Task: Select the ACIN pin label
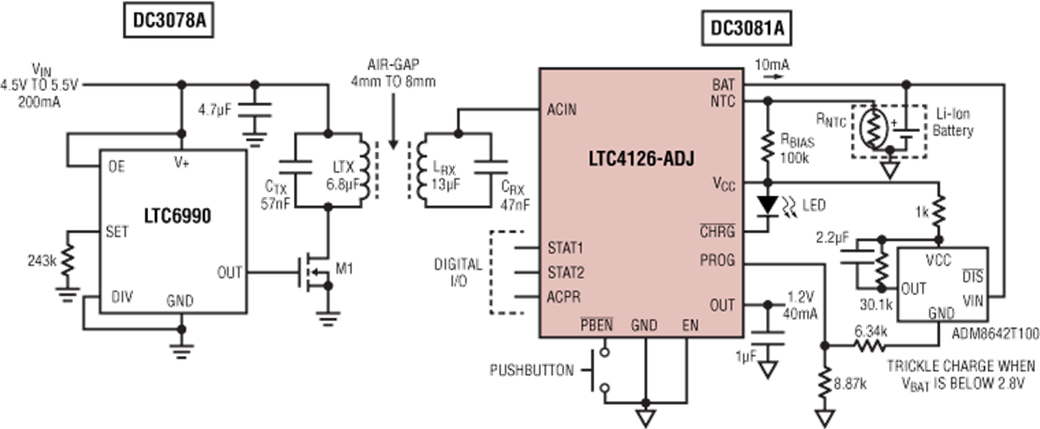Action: coord(561,110)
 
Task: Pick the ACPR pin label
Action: coord(564,299)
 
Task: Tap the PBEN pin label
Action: coord(595,325)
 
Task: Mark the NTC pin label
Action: coord(722,100)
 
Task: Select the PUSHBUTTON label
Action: coord(530,371)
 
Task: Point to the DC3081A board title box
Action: coord(745,28)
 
